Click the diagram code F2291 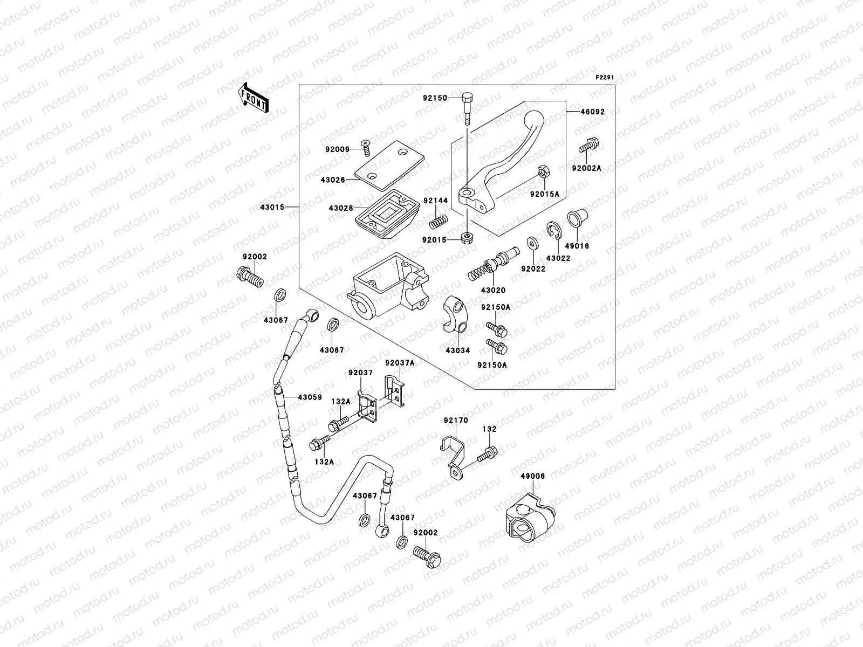[x=605, y=78]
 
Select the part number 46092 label [x=592, y=112]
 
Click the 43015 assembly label [x=271, y=207]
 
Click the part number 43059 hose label [x=310, y=397]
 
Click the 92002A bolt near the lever [x=589, y=130]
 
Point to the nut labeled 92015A [x=544, y=173]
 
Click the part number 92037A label [x=400, y=363]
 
